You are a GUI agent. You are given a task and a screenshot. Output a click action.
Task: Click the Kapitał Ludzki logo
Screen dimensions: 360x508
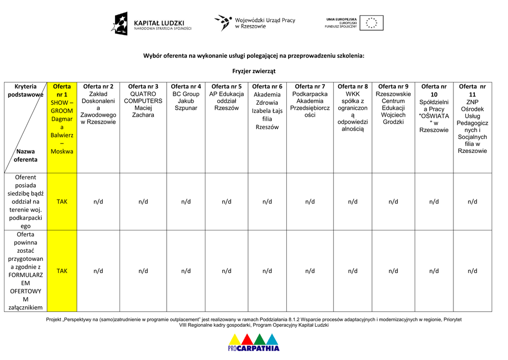click(x=151, y=23)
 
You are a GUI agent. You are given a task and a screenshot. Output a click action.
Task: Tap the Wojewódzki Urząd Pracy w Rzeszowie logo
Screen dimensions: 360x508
click(x=254, y=23)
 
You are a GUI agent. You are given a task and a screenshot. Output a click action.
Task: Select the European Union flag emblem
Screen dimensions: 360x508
click(x=371, y=23)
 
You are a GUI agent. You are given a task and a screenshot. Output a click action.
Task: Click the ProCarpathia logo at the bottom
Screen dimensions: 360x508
click(x=254, y=342)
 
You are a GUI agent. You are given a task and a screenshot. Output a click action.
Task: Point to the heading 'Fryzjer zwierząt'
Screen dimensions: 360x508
click(x=254, y=71)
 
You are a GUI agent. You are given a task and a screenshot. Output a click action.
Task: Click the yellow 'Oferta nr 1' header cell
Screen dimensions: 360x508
click(x=62, y=119)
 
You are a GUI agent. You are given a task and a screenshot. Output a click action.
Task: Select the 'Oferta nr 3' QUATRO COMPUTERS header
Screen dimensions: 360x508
click(x=143, y=101)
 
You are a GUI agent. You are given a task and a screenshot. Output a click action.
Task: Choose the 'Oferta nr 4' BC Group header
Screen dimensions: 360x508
click(x=186, y=97)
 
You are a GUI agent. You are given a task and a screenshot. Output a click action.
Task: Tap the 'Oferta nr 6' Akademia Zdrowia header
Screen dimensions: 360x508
click(x=267, y=107)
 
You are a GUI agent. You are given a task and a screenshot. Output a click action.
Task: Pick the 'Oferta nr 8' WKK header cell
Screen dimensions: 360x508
click(x=353, y=108)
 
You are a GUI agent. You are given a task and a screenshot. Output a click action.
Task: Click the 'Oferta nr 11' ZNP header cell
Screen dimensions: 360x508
click(x=472, y=119)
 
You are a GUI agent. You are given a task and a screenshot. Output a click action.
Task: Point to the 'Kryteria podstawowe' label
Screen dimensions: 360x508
click(x=26, y=90)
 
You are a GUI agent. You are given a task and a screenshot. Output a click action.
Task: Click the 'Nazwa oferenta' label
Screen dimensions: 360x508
click(x=25, y=155)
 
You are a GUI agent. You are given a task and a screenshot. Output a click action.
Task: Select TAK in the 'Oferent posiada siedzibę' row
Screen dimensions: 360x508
click(x=62, y=202)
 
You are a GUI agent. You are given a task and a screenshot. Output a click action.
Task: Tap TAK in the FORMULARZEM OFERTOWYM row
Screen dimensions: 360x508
click(x=62, y=271)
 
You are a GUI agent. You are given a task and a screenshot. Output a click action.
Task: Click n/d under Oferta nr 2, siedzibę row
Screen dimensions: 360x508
click(x=98, y=202)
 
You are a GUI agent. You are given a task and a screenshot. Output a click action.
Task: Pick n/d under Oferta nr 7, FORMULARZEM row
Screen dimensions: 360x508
click(x=310, y=271)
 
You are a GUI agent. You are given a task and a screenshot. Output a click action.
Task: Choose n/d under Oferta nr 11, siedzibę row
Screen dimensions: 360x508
click(x=472, y=202)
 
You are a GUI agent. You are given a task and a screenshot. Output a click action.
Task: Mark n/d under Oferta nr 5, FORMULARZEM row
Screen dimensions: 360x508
click(x=227, y=271)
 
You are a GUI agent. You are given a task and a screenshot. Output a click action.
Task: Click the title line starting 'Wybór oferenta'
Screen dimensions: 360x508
click(x=254, y=56)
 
